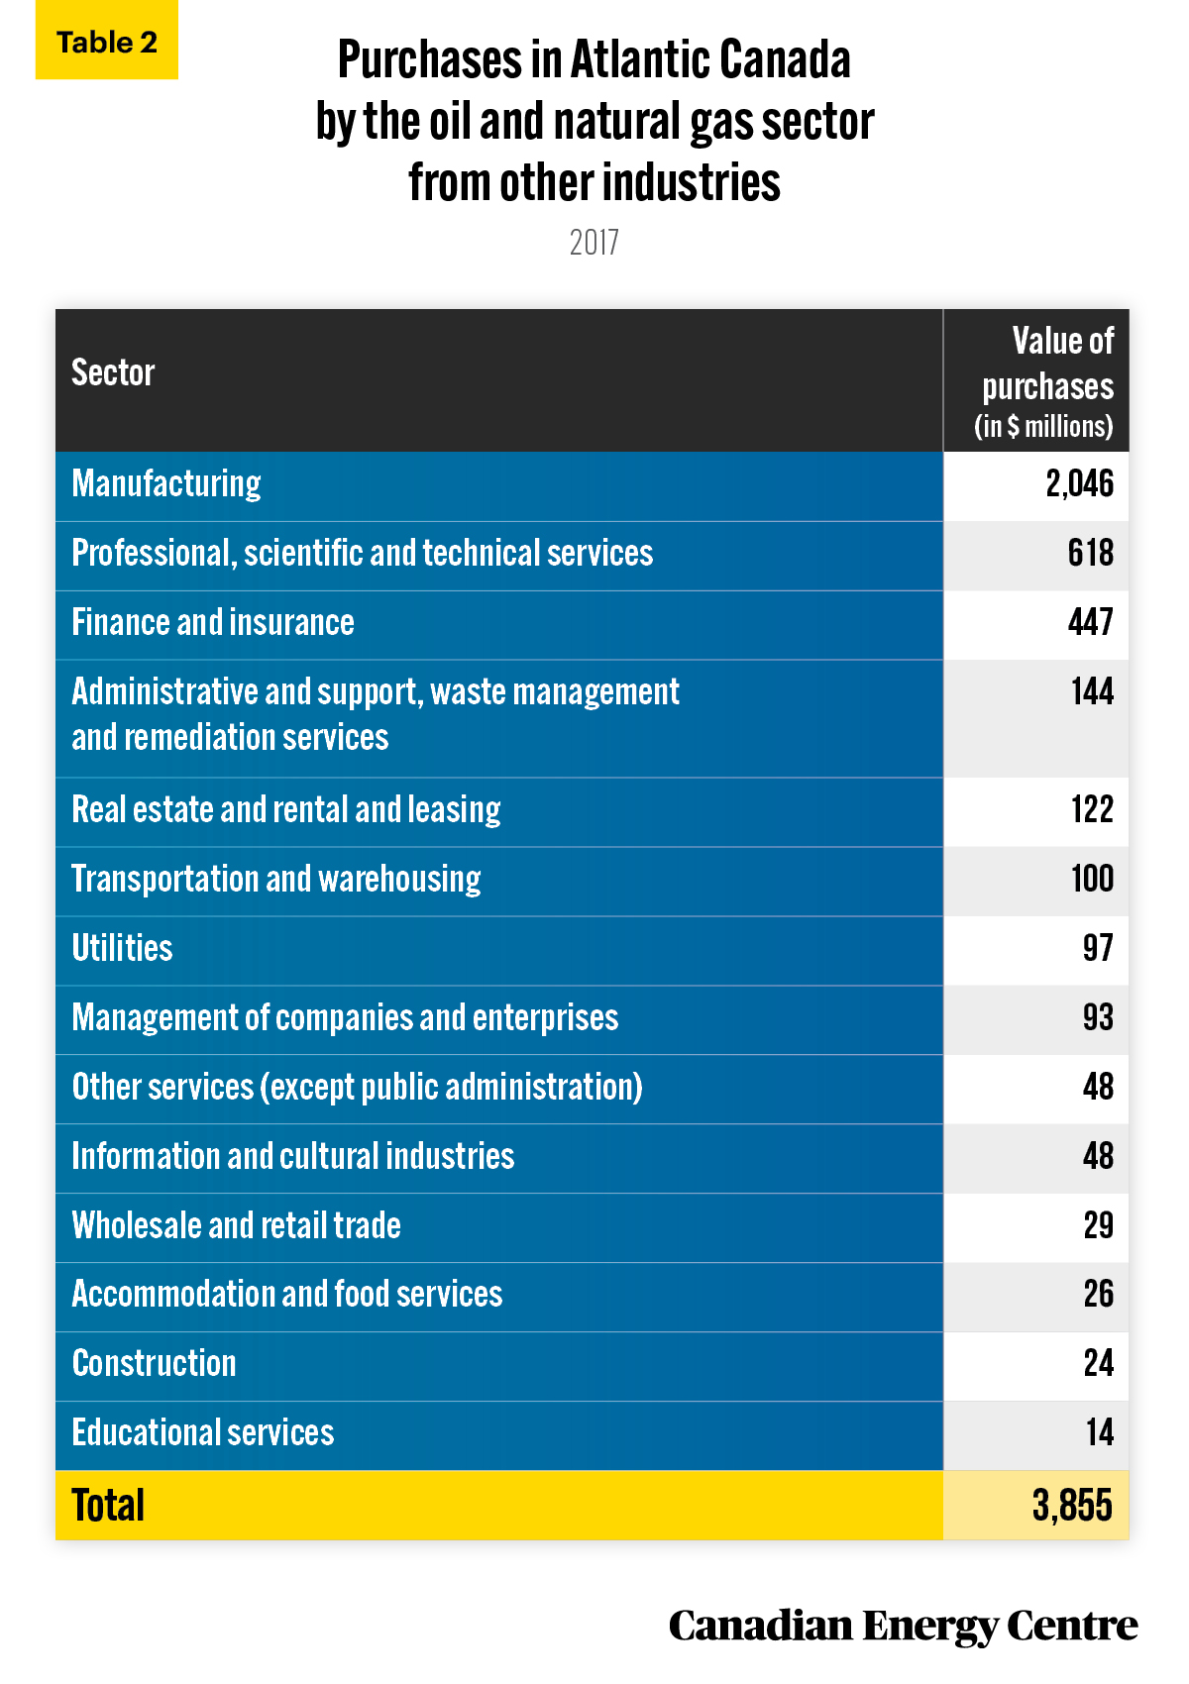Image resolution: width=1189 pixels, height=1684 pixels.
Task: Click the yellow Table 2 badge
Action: click(x=107, y=40)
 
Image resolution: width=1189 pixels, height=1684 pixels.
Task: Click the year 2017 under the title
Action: click(x=594, y=243)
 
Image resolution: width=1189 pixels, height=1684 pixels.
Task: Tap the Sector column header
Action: click(x=113, y=372)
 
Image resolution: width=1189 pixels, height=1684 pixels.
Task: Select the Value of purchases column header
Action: click(x=1044, y=382)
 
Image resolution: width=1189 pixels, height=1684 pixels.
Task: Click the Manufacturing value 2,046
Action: click(x=1079, y=483)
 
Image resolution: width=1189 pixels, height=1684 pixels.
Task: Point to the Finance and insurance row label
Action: click(x=213, y=622)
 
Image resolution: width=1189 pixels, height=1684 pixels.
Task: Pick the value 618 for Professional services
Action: click(x=1091, y=553)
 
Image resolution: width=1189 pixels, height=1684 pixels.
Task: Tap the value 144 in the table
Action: click(x=1092, y=691)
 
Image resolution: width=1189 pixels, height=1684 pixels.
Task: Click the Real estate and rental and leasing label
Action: click(x=285, y=809)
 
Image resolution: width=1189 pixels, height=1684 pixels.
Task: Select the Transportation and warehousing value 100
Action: click(x=1092, y=879)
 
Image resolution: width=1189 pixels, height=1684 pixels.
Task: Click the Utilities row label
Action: click(x=122, y=948)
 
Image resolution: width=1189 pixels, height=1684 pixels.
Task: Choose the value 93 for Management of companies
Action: click(x=1098, y=1017)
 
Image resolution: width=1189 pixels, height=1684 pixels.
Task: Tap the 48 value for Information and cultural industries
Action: click(x=1098, y=1156)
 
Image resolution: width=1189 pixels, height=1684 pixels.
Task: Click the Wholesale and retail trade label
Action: click(x=236, y=1225)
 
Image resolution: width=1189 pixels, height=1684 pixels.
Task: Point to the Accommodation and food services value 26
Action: click(x=1099, y=1294)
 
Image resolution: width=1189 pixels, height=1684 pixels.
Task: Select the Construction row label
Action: click(x=155, y=1363)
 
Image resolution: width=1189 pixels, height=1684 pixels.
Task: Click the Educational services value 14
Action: click(x=1100, y=1433)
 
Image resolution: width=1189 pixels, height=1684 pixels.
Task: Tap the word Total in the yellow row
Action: click(x=108, y=1506)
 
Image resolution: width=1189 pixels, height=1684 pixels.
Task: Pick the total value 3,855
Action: click(x=1072, y=1506)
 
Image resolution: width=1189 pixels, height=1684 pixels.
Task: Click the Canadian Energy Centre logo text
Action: click(x=904, y=1627)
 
